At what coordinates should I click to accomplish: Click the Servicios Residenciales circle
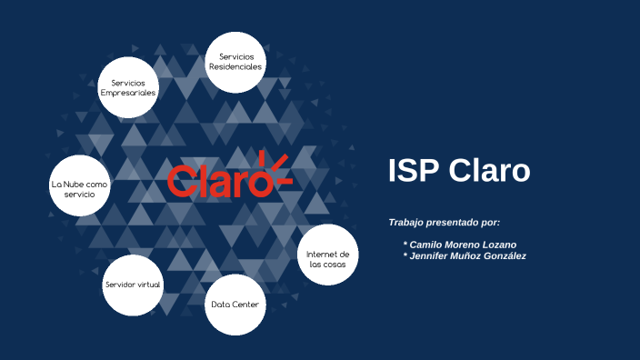click(x=235, y=62)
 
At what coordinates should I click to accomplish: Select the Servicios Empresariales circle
click(x=128, y=88)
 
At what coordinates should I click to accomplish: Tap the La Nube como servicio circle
click(x=79, y=189)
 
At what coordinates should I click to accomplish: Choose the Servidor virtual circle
click(x=133, y=285)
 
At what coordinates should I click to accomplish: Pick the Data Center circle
click(x=237, y=304)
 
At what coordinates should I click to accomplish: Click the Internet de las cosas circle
click(x=327, y=258)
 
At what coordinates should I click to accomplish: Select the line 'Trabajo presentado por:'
click(x=444, y=223)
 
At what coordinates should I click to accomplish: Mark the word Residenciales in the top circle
click(x=235, y=67)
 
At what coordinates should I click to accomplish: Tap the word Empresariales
click(x=128, y=94)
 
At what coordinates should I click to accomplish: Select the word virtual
click(x=148, y=285)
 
